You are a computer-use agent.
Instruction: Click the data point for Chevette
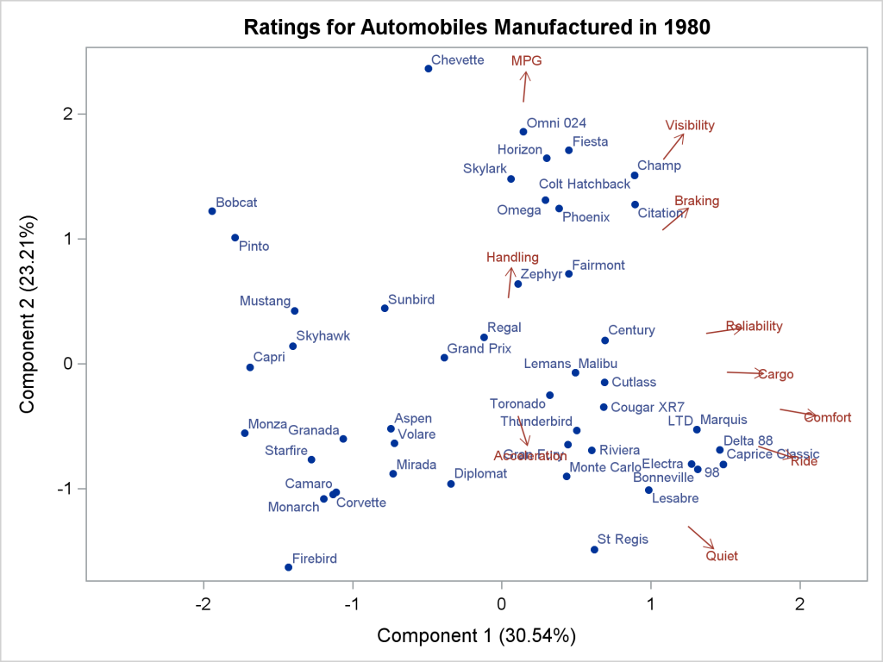pyautogui.click(x=429, y=68)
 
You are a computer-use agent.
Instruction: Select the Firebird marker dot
pyautogui.click(x=288, y=567)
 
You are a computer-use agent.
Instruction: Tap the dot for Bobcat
pyautogui.click(x=212, y=211)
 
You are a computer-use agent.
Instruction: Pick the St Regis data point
pyautogui.click(x=594, y=550)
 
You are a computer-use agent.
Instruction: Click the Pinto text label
pyautogui.click(x=254, y=247)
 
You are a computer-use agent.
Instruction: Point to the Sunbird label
pyautogui.click(x=411, y=300)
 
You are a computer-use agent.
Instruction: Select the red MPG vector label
pyautogui.click(x=526, y=60)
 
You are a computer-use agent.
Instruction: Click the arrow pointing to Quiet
pyautogui.click(x=701, y=537)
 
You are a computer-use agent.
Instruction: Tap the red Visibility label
pyautogui.click(x=690, y=125)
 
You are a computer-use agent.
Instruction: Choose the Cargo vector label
pyautogui.click(x=775, y=374)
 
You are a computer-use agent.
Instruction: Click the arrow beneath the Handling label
pyautogui.click(x=510, y=282)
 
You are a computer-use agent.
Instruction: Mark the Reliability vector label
pyautogui.click(x=755, y=326)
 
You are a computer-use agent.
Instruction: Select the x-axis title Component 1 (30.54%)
pyautogui.click(x=477, y=635)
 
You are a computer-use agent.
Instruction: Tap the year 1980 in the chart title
pyautogui.click(x=687, y=27)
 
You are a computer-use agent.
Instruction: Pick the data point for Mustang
pyautogui.click(x=294, y=311)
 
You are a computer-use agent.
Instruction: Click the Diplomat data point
pyautogui.click(x=451, y=484)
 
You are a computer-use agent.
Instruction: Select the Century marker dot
pyautogui.click(x=605, y=340)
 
